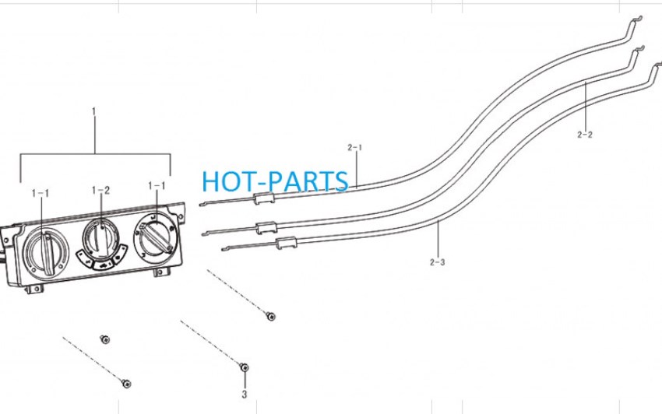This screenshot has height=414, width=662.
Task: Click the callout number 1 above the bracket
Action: pyautogui.click(x=93, y=112)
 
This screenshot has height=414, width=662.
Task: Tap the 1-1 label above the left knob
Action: pyautogui.click(x=40, y=193)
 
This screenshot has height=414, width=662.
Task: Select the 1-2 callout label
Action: pyautogui.click(x=101, y=191)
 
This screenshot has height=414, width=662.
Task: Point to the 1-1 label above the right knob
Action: pyautogui.click(x=157, y=186)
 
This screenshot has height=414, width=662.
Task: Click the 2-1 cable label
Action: pyautogui.click(x=355, y=147)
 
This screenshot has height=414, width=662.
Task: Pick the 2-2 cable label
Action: pyautogui.click(x=585, y=135)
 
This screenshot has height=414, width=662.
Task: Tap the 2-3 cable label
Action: pyautogui.click(x=438, y=262)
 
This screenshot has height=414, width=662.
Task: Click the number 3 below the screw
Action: pyautogui.click(x=244, y=395)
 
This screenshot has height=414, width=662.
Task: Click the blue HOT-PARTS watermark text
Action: pyautogui.click(x=275, y=181)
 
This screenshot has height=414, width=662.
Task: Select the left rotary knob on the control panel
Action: pyautogui.click(x=44, y=252)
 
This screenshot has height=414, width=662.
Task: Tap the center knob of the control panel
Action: pyautogui.click(x=101, y=239)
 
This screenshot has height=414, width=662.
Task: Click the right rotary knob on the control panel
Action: pyautogui.click(x=153, y=237)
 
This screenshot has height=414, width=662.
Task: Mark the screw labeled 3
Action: pyautogui.click(x=244, y=367)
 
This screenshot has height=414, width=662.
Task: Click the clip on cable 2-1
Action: pyautogui.click(x=264, y=198)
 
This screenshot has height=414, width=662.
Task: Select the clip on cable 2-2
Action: pyautogui.click(x=266, y=227)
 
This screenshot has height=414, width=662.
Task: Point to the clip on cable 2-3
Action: pyautogui.click(x=287, y=242)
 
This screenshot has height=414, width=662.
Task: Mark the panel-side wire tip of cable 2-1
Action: pyautogui.click(x=200, y=205)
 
